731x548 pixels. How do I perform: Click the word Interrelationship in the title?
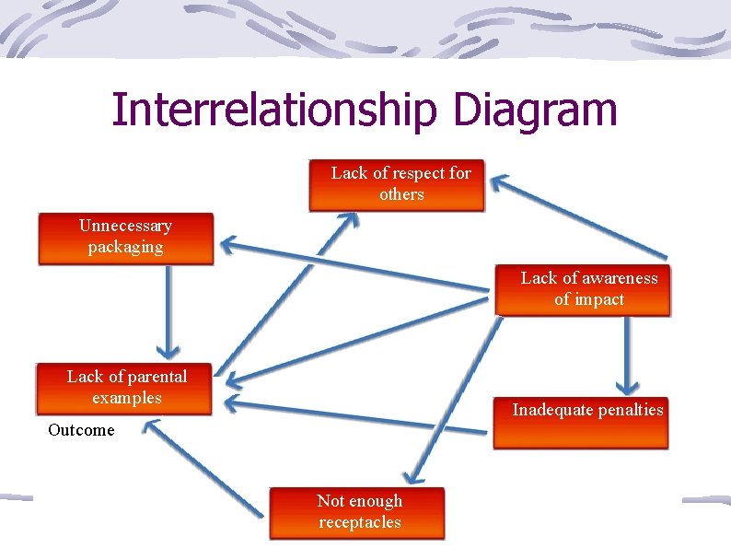pos(273,111)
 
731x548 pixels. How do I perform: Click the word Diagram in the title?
pos(535,111)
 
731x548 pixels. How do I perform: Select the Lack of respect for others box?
pos(397,185)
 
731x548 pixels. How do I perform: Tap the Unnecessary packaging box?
pos(125,239)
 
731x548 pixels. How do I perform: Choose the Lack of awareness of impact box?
pos(584,289)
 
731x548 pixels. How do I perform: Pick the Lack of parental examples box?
pos(124,388)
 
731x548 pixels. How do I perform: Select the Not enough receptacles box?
pos(356,512)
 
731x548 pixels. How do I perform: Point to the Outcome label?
pos(81,430)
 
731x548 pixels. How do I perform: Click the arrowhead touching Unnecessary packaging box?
pos(226,244)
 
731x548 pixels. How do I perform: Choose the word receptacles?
pos(360,522)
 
